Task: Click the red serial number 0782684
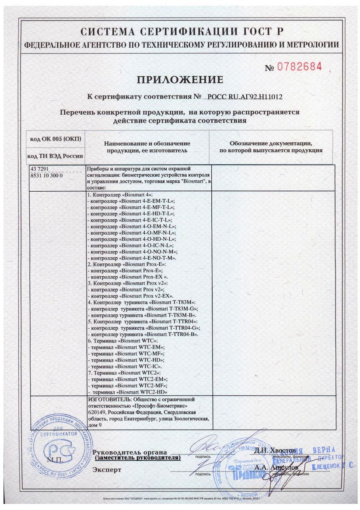tap(300, 67)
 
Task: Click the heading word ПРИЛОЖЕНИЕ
tap(180, 80)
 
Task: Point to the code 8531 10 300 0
tap(46, 175)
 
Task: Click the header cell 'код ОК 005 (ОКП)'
tap(56, 139)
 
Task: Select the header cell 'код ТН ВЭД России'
tap(56, 156)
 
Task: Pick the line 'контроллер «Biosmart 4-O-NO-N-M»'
tap(133, 252)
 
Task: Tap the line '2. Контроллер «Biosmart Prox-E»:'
tap(127, 265)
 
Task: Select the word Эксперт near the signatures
tap(107, 469)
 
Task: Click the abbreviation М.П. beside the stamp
tap(55, 460)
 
